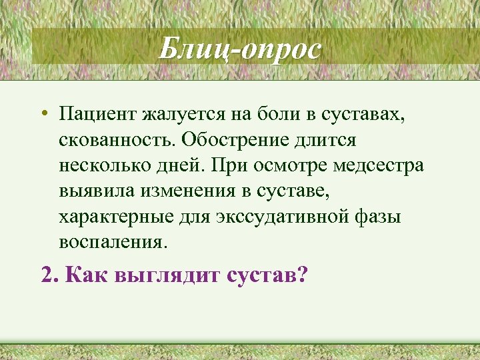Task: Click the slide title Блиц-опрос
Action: pyautogui.click(x=240, y=49)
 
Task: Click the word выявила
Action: pyautogui.click(x=98, y=191)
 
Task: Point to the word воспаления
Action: pyautogui.click(x=110, y=242)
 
